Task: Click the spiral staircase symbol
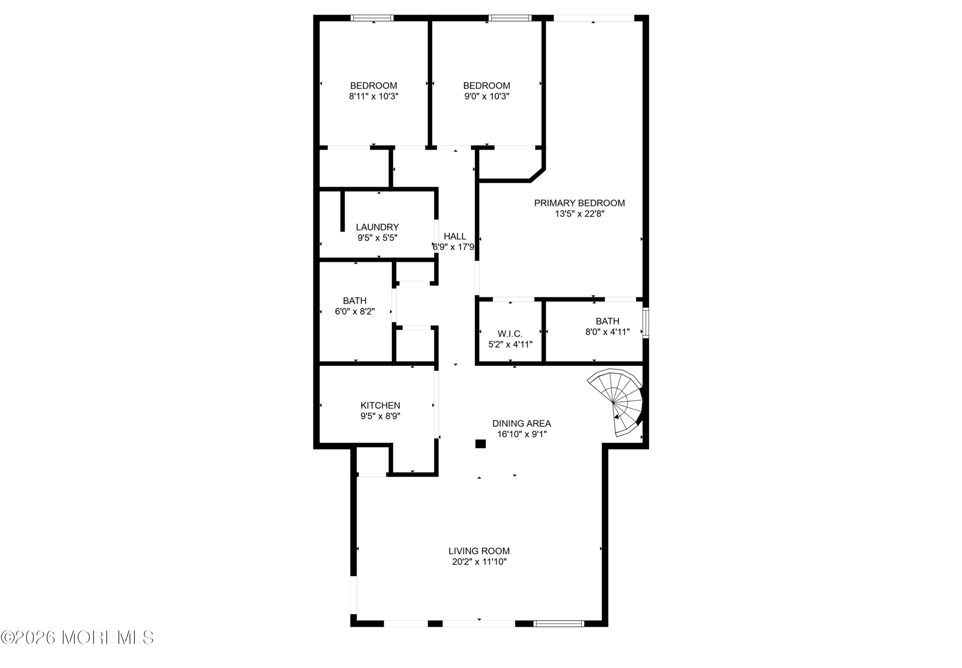[x=615, y=402]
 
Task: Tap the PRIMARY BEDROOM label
[x=579, y=203]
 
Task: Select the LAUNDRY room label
[x=377, y=227]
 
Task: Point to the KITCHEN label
[x=380, y=405]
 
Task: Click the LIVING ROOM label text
[x=479, y=551]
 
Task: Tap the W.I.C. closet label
[x=510, y=333]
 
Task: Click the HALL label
[x=455, y=236]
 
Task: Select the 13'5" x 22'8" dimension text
[x=579, y=214]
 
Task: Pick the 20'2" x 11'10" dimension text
[x=479, y=562]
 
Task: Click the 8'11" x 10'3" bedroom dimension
[x=373, y=96]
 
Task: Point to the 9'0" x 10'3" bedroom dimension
[x=487, y=96]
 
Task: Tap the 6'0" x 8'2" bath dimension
[x=355, y=311]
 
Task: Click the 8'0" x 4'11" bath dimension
[x=607, y=332]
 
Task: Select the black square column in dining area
[x=480, y=444]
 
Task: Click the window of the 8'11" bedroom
[x=372, y=18]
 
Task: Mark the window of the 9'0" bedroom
[x=510, y=18]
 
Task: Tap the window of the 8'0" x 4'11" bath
[x=646, y=323]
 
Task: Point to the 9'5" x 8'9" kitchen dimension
[x=380, y=416]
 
